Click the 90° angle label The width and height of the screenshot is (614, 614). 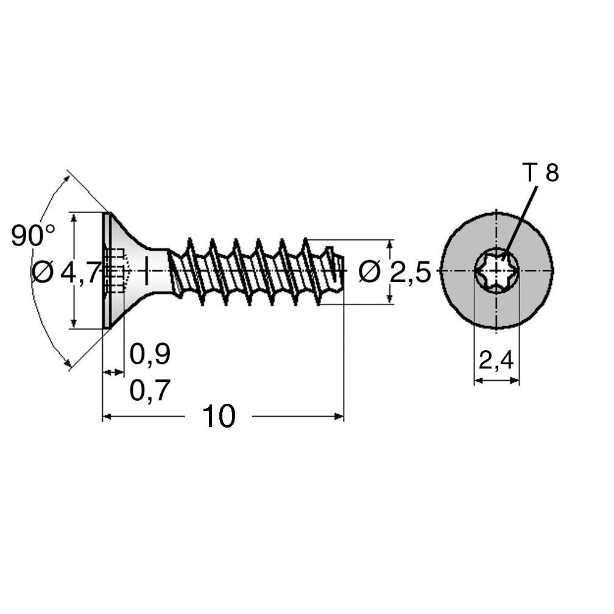click(x=34, y=235)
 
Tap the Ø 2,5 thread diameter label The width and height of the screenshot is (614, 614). click(x=395, y=272)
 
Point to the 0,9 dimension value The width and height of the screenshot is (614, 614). click(x=150, y=354)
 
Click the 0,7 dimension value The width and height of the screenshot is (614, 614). click(x=150, y=390)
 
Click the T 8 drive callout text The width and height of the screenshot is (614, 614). click(x=541, y=173)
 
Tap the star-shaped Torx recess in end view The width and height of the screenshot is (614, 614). click(x=496, y=270)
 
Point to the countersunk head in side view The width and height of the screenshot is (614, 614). click(x=125, y=270)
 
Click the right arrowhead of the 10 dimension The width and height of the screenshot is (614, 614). click(x=339, y=417)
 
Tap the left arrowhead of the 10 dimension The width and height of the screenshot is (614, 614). click(x=107, y=417)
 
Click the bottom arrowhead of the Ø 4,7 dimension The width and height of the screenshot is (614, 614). click(x=74, y=323)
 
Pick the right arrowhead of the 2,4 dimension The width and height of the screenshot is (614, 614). click(x=515, y=380)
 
